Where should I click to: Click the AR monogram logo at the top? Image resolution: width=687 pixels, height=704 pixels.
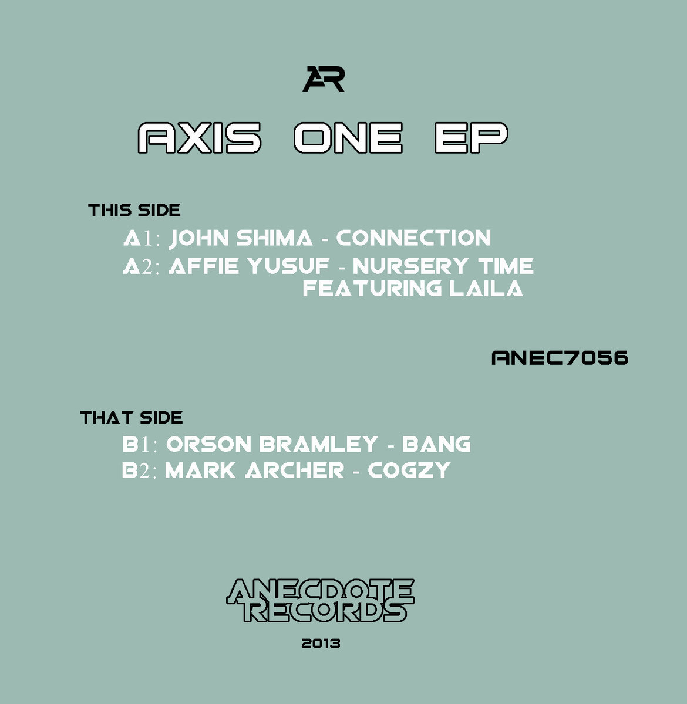(x=324, y=79)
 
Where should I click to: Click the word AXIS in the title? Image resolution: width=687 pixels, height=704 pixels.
(x=199, y=137)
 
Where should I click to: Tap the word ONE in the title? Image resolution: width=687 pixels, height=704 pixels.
(x=348, y=137)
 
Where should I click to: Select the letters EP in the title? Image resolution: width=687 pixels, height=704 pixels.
(x=471, y=137)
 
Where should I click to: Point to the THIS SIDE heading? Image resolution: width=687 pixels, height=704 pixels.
(x=134, y=210)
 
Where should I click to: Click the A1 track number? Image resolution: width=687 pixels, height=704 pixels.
(x=142, y=238)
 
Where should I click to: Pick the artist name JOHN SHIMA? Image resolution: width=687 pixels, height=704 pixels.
(x=241, y=238)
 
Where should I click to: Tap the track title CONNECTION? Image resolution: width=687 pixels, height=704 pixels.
(x=413, y=238)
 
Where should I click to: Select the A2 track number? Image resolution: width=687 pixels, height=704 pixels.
(x=142, y=266)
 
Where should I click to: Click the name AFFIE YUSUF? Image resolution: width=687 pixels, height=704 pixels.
(x=249, y=266)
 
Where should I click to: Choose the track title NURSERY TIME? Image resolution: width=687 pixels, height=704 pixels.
(x=443, y=266)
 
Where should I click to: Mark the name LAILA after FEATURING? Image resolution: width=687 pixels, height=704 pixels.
(x=486, y=289)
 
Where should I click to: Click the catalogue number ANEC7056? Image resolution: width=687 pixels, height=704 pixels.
(x=560, y=358)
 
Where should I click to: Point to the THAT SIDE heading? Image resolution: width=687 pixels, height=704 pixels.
(x=132, y=418)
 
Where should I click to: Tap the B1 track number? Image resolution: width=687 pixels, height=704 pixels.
(x=140, y=444)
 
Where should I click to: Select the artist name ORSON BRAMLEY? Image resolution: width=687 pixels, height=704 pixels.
(x=272, y=444)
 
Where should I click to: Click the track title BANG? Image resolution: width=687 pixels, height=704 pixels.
(x=436, y=444)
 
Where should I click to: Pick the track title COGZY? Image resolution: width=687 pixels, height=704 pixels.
(x=409, y=471)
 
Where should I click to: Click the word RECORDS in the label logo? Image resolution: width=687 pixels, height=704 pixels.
(x=325, y=611)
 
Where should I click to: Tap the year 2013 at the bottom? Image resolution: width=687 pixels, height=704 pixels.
(x=321, y=643)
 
